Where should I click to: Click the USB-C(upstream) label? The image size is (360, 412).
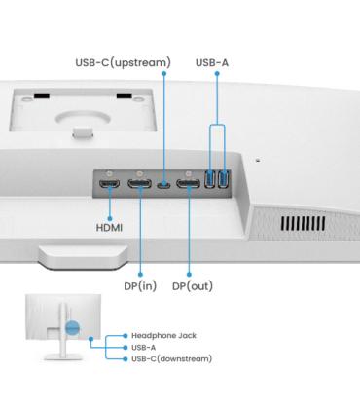[x=123, y=62]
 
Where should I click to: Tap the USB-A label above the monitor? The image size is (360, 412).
[x=212, y=62]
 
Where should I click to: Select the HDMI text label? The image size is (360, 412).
[x=109, y=228]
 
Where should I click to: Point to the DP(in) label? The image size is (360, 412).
[x=140, y=286]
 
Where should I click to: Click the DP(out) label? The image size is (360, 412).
[x=193, y=286]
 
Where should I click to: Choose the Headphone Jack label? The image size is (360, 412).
[x=163, y=336]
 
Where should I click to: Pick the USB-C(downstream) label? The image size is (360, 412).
[x=171, y=359]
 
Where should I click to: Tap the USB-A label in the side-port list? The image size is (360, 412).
[x=143, y=348]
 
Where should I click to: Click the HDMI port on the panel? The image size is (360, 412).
[x=109, y=184]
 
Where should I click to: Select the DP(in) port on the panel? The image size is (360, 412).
[x=139, y=184]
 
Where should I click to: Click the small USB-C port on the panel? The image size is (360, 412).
[x=164, y=185]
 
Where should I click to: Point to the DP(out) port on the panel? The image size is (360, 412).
[x=189, y=184]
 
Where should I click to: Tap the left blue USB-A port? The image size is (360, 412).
[x=210, y=179]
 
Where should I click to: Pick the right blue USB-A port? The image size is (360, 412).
[x=223, y=179]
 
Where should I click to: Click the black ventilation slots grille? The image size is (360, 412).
[x=303, y=223]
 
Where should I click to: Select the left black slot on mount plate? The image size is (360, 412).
[x=42, y=96]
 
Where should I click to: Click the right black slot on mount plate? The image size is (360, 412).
[x=125, y=96]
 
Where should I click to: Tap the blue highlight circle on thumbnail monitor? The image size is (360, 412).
[x=72, y=328]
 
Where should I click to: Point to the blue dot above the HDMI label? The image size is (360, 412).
[x=110, y=219]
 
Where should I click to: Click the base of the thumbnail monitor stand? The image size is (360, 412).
[x=63, y=356]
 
